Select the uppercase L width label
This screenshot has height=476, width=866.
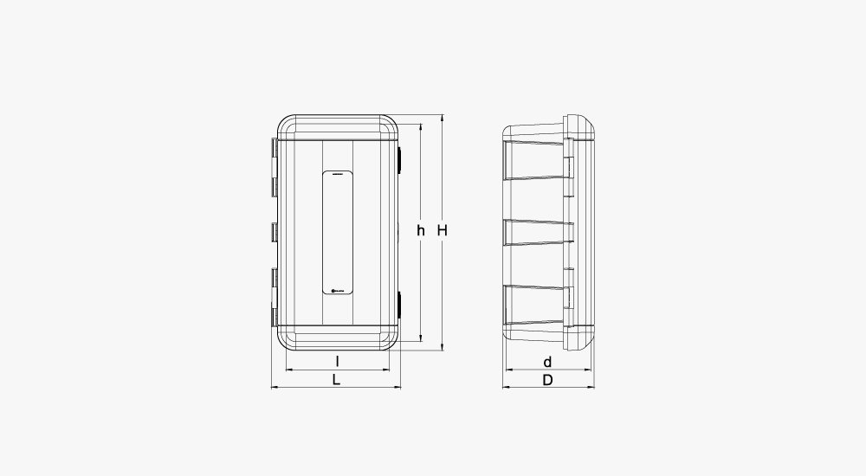pos(337,379)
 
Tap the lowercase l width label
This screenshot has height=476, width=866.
pos(337,361)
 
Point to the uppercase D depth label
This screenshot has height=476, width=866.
pos(547,379)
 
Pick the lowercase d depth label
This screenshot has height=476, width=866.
pos(547,361)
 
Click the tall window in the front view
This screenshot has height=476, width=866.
pos(337,234)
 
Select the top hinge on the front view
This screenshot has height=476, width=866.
pos(275,164)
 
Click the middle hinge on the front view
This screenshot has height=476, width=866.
pos(275,232)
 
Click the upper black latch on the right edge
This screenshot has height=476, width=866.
pos(400,158)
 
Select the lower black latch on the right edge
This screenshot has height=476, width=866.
pos(400,303)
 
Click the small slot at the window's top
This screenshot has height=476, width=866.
pos(337,176)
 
